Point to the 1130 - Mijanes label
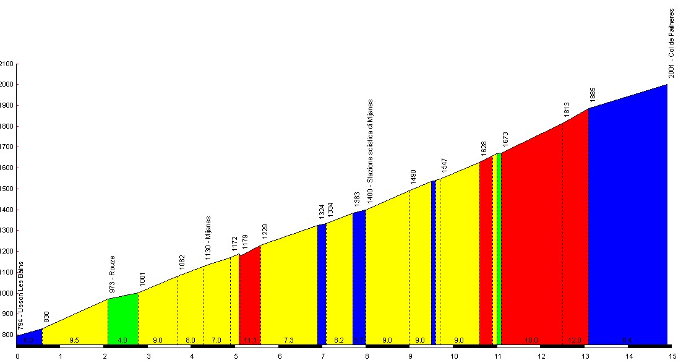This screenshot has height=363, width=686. (208, 238)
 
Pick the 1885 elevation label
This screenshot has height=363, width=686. (593, 95)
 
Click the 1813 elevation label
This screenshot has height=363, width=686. (567, 109)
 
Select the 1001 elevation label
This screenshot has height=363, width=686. (142, 280)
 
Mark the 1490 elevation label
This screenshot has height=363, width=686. (413, 177)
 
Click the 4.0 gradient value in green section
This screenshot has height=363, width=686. (122, 340)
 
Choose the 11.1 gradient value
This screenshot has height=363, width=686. (250, 340)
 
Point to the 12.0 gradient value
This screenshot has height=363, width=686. (575, 340)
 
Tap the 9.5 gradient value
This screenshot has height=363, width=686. (74, 340)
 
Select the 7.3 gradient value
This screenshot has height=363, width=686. (288, 340)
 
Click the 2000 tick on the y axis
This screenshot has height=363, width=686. (7, 85)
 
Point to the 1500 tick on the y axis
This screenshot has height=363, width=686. (7, 189)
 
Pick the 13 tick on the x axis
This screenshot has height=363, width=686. (585, 356)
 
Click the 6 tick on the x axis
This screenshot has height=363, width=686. (279, 356)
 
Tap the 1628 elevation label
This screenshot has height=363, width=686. (484, 148)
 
